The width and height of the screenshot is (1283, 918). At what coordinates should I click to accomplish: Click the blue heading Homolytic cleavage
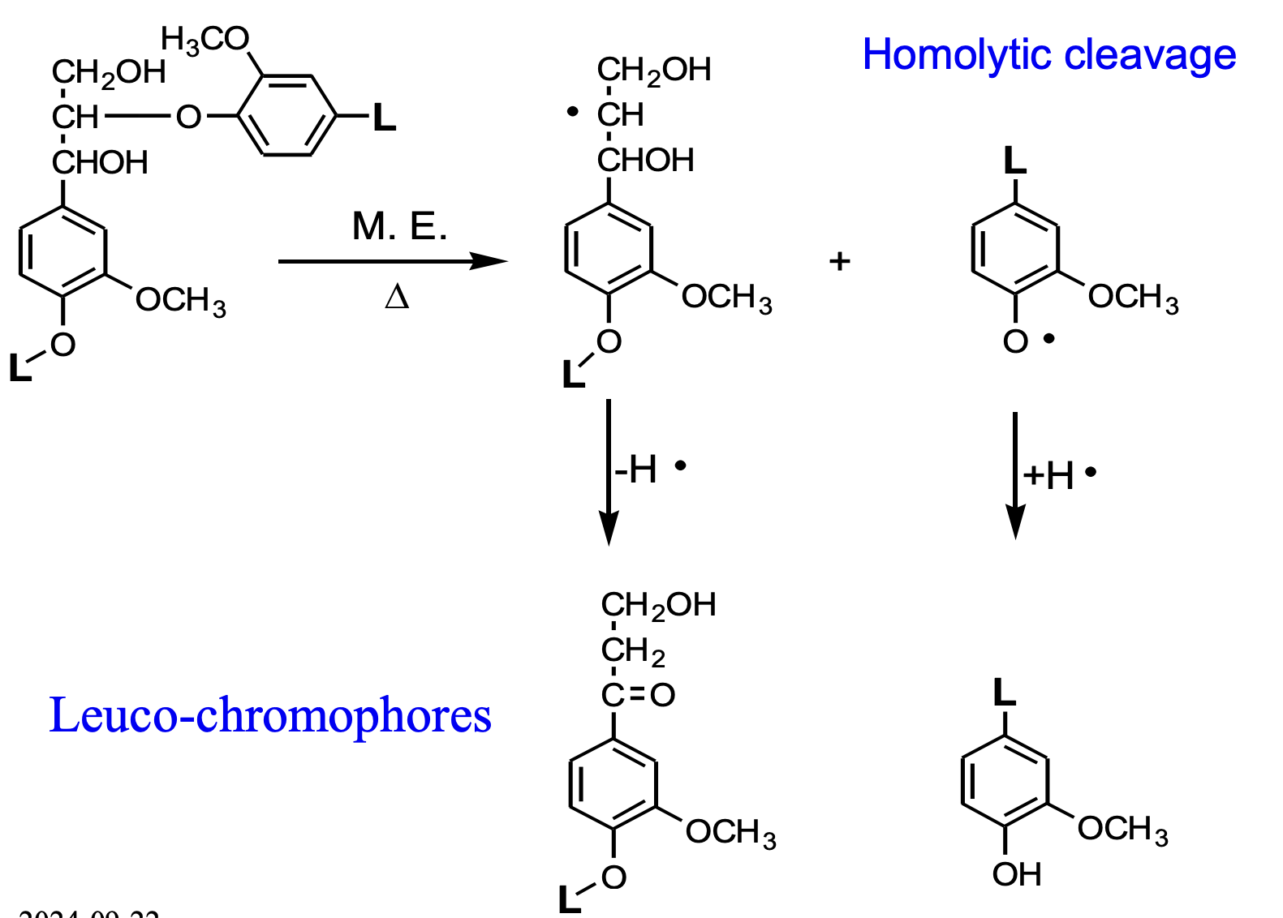point(1048,55)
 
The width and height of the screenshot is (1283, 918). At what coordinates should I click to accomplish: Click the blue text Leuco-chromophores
point(270,715)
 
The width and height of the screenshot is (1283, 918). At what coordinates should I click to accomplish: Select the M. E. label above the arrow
point(399,226)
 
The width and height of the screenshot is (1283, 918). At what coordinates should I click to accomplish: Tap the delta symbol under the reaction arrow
point(397,298)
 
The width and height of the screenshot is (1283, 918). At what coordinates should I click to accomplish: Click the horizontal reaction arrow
point(392,261)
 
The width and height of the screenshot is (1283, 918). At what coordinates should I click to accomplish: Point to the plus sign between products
point(840,261)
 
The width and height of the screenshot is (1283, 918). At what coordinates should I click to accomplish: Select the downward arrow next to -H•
point(609,470)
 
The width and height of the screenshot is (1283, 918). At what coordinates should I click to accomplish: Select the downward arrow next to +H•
point(1015,474)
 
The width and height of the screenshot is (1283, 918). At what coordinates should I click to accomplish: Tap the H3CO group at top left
point(205,39)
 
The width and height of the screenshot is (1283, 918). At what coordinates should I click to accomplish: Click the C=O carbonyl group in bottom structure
point(639,695)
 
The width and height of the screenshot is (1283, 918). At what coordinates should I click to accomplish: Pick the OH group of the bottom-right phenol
point(1017,874)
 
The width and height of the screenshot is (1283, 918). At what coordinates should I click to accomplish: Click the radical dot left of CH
point(573,112)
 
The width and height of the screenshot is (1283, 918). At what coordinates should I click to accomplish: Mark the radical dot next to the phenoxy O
point(1048,339)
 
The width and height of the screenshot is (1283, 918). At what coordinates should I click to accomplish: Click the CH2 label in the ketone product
point(633,650)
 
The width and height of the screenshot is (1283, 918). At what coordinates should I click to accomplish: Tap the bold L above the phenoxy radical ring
point(1015,161)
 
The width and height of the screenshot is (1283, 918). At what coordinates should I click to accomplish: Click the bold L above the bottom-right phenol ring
point(1005,693)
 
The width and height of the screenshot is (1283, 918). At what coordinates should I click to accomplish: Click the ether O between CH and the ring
point(188,118)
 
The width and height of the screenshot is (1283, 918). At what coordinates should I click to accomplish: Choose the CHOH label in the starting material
point(101,163)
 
